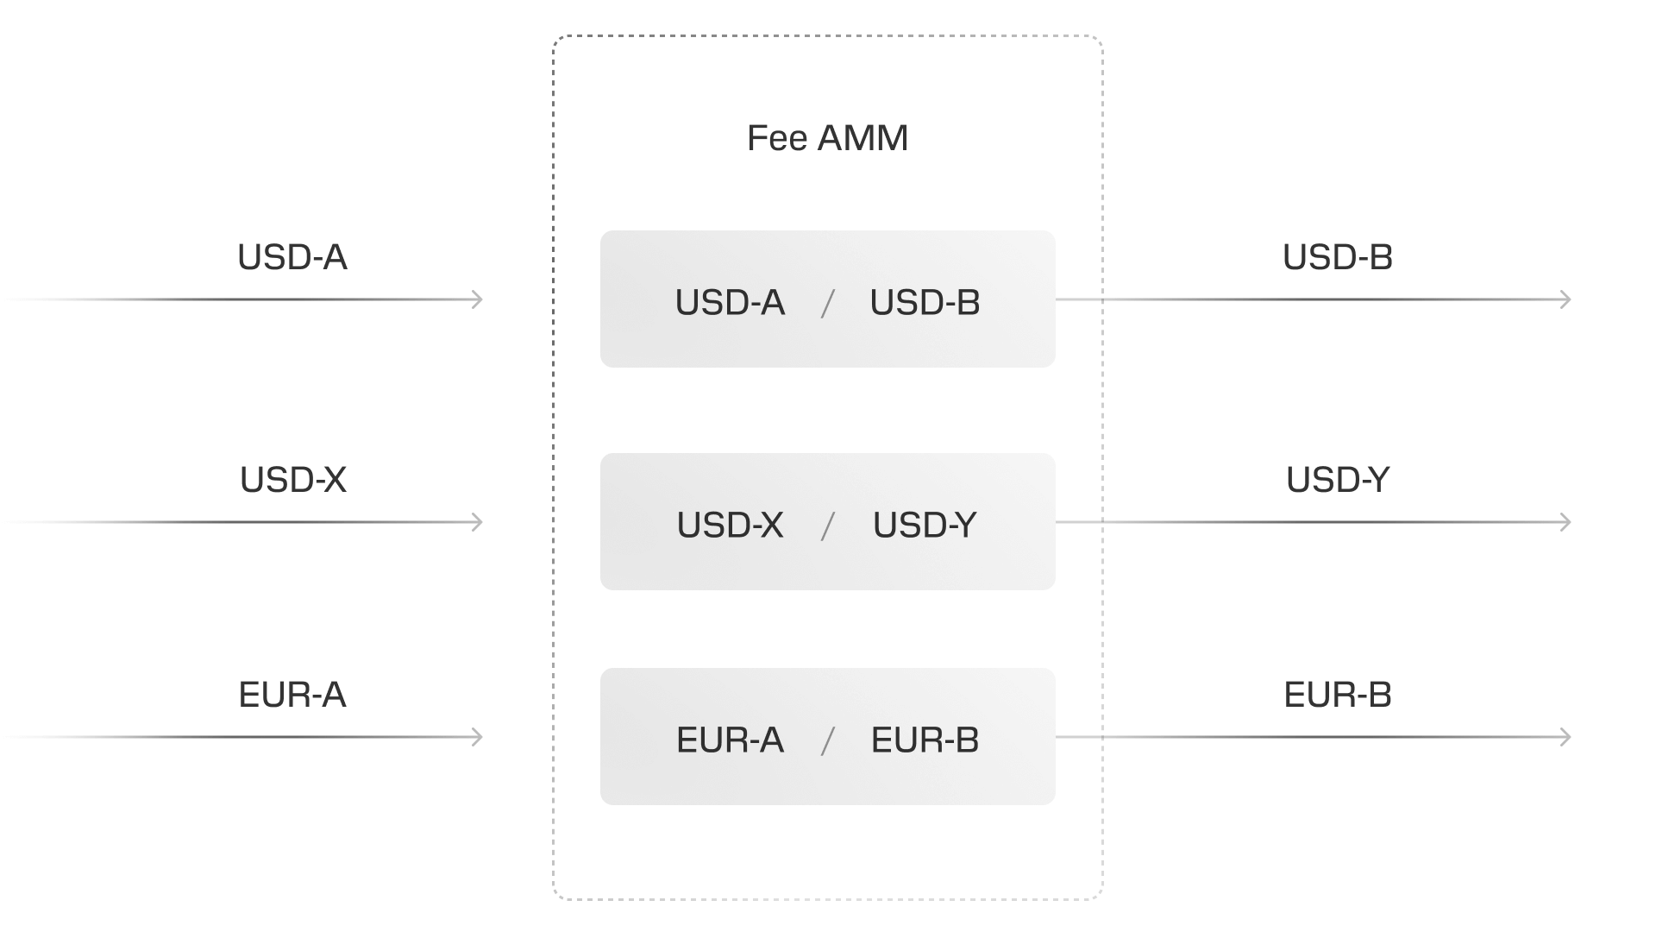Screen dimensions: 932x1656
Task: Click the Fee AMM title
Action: tap(827, 138)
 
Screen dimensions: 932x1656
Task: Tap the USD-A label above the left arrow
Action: tap(292, 257)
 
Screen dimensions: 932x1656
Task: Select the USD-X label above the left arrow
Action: tap(293, 480)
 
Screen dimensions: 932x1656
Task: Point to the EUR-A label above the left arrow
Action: tap(292, 695)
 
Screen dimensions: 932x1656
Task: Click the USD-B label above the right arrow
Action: tap(1338, 257)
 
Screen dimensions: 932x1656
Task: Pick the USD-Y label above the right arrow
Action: tap(1338, 480)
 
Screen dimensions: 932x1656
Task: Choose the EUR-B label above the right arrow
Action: tap(1338, 695)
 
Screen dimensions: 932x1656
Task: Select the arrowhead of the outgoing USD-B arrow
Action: tap(1566, 299)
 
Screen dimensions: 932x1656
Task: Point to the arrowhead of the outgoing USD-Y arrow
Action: tap(1566, 522)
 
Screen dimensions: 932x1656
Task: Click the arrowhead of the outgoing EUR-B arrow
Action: tap(1566, 737)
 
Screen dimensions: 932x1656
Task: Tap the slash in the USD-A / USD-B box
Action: tap(828, 303)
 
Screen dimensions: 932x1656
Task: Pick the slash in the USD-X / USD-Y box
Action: tap(828, 526)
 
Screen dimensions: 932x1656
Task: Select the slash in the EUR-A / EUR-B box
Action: tap(828, 740)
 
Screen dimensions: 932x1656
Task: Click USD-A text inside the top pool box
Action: tap(730, 303)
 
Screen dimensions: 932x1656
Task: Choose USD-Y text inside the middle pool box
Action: tap(925, 526)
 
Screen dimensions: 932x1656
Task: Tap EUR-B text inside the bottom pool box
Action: tap(925, 740)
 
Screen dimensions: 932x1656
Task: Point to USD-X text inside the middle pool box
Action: tap(730, 526)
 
